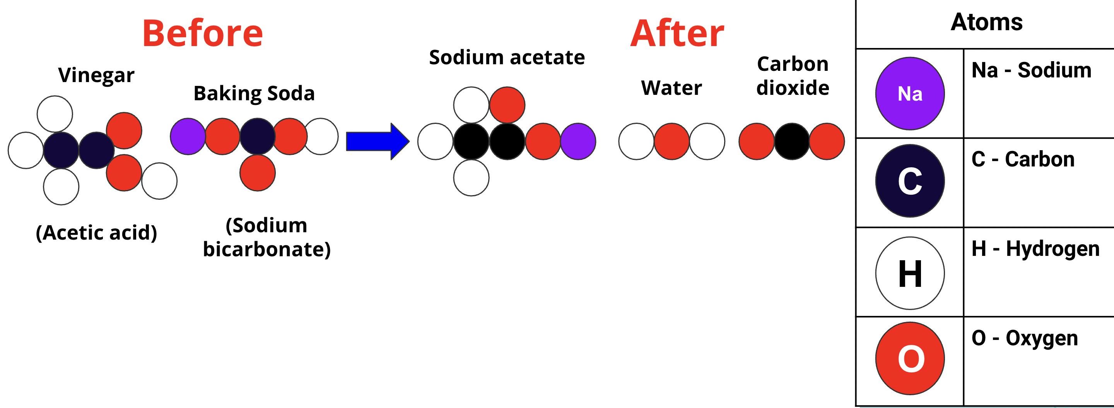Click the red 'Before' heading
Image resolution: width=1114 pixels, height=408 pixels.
click(202, 34)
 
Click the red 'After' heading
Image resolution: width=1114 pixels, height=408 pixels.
click(677, 34)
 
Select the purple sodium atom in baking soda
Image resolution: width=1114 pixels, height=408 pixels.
click(188, 137)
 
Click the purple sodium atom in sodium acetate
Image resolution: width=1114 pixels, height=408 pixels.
click(578, 141)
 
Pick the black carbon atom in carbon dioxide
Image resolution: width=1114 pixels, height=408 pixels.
click(792, 141)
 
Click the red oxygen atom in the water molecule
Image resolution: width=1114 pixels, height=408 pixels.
click(671, 141)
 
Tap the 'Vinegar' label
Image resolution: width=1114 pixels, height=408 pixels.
click(96, 75)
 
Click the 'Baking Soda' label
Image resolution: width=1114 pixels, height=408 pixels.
click(254, 93)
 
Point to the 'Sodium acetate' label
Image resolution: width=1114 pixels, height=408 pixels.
click(507, 58)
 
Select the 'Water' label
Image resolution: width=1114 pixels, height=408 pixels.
click(671, 88)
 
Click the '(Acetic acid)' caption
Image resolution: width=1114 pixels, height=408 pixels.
click(96, 233)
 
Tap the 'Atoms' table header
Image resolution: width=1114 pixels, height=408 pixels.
click(986, 22)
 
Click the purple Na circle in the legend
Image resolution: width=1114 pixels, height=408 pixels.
click(910, 93)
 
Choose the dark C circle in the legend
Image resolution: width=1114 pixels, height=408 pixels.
click(910, 181)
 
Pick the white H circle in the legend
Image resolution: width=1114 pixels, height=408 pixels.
click(910, 273)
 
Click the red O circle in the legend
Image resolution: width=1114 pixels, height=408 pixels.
click(910, 358)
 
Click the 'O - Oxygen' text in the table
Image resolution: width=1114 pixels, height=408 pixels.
click(1025, 338)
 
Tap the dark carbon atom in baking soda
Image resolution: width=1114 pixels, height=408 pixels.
click(257, 137)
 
